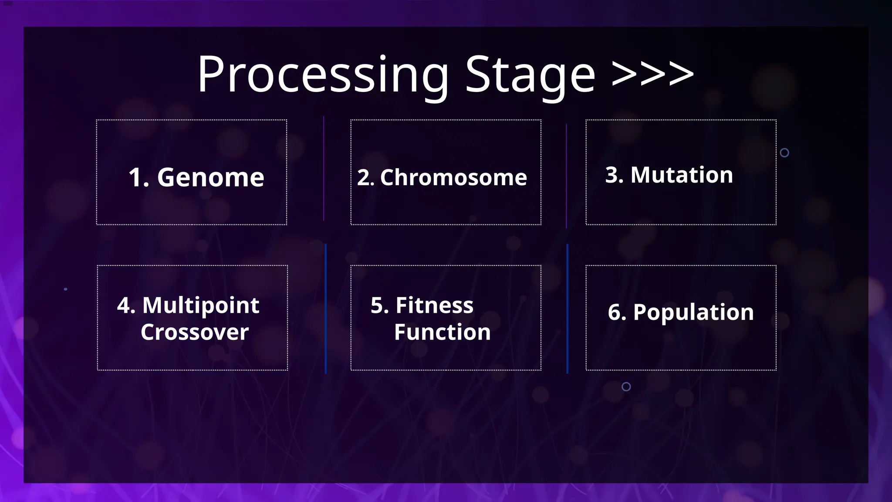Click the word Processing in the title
pyautogui.click(x=322, y=75)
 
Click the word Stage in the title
pyautogui.click(x=530, y=75)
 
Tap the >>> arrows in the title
pyautogui.click(x=652, y=73)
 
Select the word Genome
pyautogui.click(x=210, y=178)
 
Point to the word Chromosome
pyautogui.click(x=453, y=178)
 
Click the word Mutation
pyautogui.click(x=682, y=175)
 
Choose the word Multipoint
pyautogui.click(x=201, y=305)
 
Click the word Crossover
pyautogui.click(x=195, y=332)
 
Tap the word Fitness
pyautogui.click(x=434, y=305)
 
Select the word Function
pyautogui.click(x=442, y=332)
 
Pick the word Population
pyautogui.click(x=693, y=312)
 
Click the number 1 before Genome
pyautogui.click(x=137, y=178)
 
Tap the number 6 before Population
pyautogui.click(x=615, y=312)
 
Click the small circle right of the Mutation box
pyautogui.click(x=784, y=153)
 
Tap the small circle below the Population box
pyautogui.click(x=626, y=387)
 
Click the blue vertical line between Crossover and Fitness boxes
pyautogui.click(x=325, y=309)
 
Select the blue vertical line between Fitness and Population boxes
pyautogui.click(x=567, y=309)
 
